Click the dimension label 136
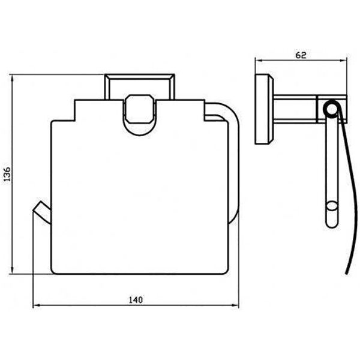[x=7, y=174]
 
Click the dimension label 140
[x=136, y=300]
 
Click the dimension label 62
[x=301, y=55]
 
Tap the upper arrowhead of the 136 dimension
[x=12, y=78]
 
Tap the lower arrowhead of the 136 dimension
[x=12, y=270]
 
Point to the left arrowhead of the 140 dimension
[x=37, y=305]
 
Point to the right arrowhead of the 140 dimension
[x=235, y=305]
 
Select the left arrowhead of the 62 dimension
[x=259, y=61]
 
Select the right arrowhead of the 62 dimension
[x=343, y=61]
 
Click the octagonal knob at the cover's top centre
[x=140, y=109]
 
